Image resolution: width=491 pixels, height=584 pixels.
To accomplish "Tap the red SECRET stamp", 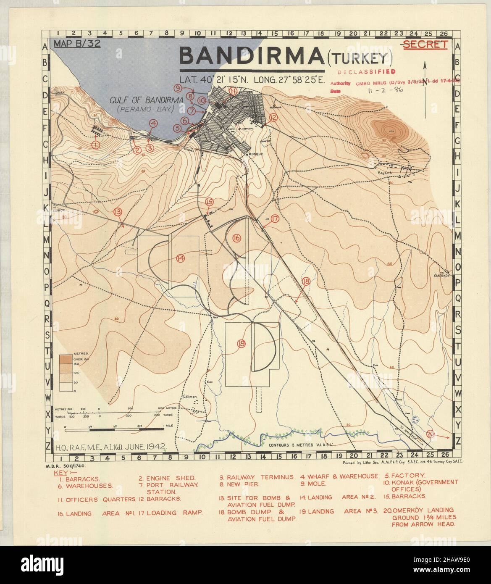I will [425, 45].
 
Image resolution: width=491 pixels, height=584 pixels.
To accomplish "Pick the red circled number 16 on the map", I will [236, 238].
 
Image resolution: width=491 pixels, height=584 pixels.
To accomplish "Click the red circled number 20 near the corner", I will [431, 434].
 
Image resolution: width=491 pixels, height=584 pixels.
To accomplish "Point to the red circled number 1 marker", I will [95, 145].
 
